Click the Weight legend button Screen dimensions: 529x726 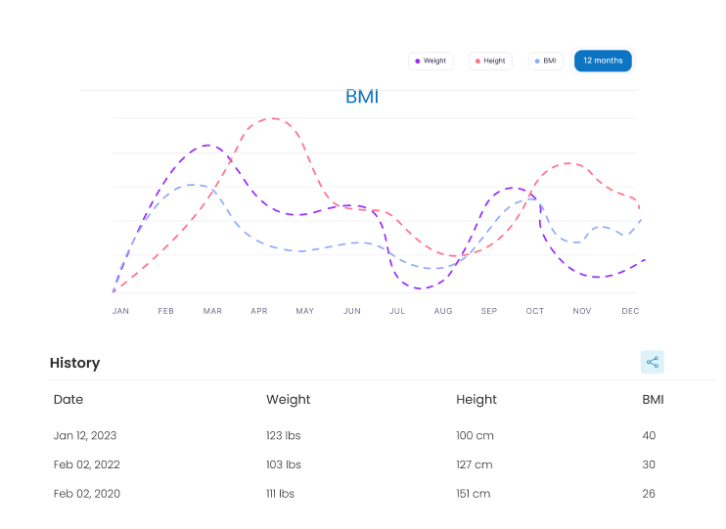pyautogui.click(x=431, y=61)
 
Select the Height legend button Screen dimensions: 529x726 pyautogui.click(x=490, y=61)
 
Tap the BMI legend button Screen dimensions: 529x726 pyautogui.click(x=545, y=61)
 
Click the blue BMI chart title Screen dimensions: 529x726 pyautogui.click(x=362, y=97)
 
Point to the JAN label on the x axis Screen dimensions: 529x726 pyautogui.click(x=120, y=311)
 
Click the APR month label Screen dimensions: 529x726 pyautogui.click(x=259, y=311)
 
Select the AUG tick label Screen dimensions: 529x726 pyautogui.click(x=443, y=311)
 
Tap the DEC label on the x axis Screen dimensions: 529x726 pyautogui.click(x=630, y=311)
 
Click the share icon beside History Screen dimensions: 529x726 pyautogui.click(x=653, y=362)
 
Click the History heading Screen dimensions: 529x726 pyautogui.click(x=75, y=363)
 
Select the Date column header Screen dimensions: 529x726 pyautogui.click(x=68, y=399)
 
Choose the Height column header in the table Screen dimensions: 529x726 pyautogui.click(x=476, y=399)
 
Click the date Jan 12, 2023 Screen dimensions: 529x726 pyautogui.click(x=85, y=435)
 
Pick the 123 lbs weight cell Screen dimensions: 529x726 pyautogui.click(x=284, y=435)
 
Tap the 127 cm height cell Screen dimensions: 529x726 pyautogui.click(x=475, y=464)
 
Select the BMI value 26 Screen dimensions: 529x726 pyautogui.click(x=649, y=494)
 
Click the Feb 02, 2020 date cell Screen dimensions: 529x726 pyautogui.click(x=87, y=494)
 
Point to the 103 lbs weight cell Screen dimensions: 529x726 pyautogui.click(x=284, y=464)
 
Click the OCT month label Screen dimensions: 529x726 pyautogui.click(x=534, y=311)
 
